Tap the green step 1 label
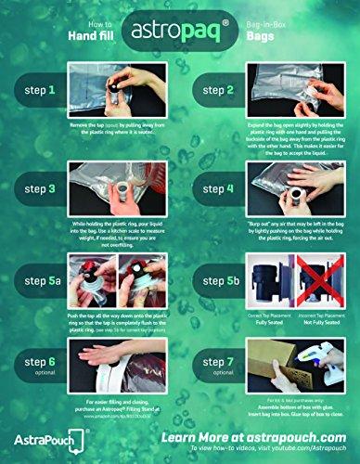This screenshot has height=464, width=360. coord(41,91)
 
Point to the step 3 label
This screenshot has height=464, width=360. coord(41,188)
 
